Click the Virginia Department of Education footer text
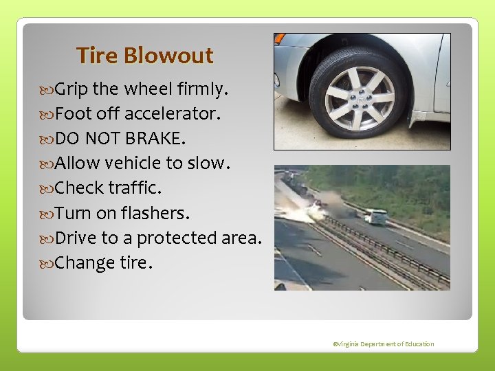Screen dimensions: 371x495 click(x=382, y=344)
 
